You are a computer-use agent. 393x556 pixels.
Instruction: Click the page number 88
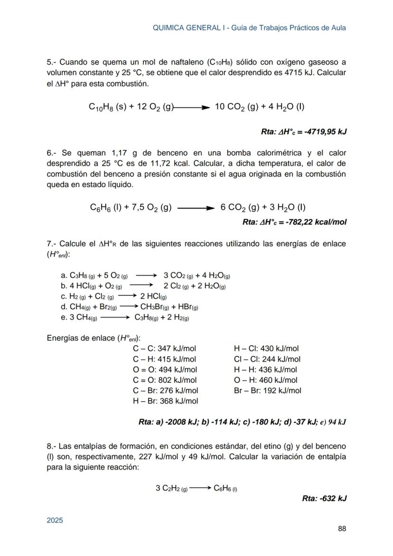click(342, 528)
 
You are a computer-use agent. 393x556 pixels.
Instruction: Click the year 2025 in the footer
click(55, 520)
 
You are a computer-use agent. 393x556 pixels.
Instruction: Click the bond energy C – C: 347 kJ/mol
click(165, 349)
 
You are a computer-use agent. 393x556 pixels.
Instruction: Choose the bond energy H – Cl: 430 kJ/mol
click(266, 349)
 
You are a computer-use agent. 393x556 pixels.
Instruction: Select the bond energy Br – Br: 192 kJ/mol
click(268, 391)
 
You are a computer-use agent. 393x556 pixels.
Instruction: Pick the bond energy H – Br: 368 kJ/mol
click(166, 401)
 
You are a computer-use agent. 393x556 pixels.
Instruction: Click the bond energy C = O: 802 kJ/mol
click(165, 380)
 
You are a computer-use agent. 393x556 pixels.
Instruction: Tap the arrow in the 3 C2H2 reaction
click(200, 488)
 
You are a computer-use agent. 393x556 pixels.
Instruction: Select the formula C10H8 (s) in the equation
click(107, 107)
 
